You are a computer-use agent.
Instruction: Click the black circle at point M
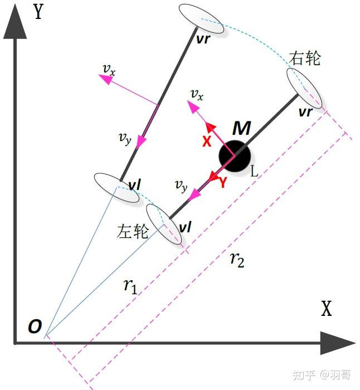(x=233, y=155)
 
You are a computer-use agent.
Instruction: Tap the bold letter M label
(x=241, y=129)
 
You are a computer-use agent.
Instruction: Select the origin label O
(x=35, y=327)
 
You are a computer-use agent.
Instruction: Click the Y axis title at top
(x=38, y=11)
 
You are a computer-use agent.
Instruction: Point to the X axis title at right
(x=326, y=309)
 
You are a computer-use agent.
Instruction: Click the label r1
(x=130, y=286)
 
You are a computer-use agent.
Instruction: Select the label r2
(x=237, y=260)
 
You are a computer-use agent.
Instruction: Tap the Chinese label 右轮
(x=305, y=58)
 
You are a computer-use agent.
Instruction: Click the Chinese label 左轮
(x=133, y=231)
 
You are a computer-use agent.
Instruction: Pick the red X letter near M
(x=207, y=142)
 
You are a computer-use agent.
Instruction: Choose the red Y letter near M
(x=222, y=182)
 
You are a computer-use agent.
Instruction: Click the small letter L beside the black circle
(x=254, y=172)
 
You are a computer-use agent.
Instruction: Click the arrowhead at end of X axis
(x=337, y=343)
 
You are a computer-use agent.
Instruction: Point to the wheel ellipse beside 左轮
(x=164, y=224)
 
